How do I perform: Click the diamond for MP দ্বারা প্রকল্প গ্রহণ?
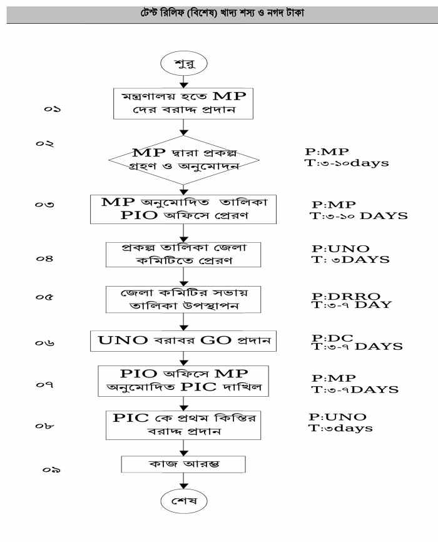pos(183,160)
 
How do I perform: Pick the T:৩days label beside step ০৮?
pos(341,428)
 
